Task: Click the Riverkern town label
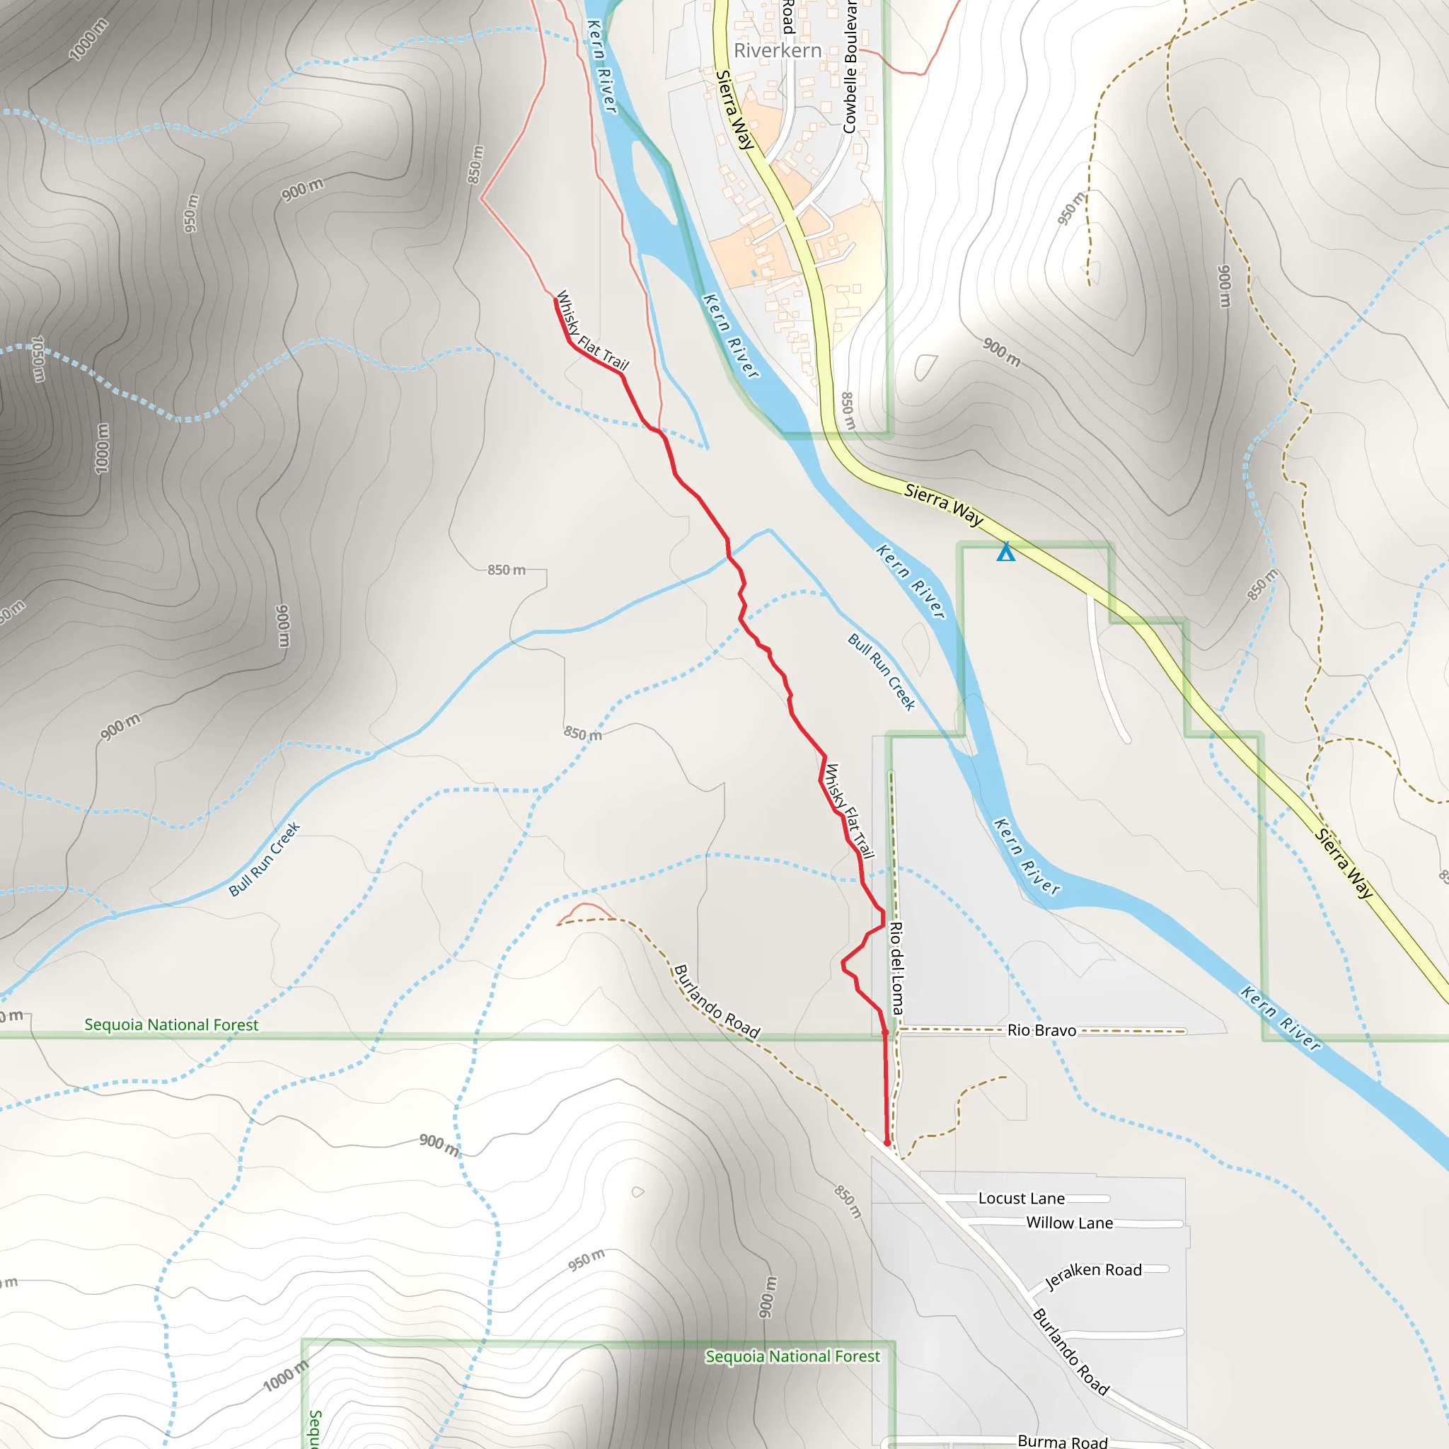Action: tap(777, 50)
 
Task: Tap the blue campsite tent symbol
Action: tap(1006, 553)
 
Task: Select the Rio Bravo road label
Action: tap(1041, 1030)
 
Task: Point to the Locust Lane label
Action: tap(1021, 1199)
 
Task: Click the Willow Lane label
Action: tap(1069, 1223)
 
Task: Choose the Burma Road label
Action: tap(1062, 1441)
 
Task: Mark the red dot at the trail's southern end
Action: tap(887, 1144)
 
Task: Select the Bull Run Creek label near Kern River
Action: tap(882, 672)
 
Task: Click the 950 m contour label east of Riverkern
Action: tap(1071, 209)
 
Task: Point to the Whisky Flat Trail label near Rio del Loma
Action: tap(849, 811)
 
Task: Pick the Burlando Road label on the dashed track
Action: tap(716, 1002)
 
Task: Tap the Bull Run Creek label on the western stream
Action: tap(264, 859)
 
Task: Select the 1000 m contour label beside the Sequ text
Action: tap(286, 1376)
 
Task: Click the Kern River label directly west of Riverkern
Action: tap(601, 66)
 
